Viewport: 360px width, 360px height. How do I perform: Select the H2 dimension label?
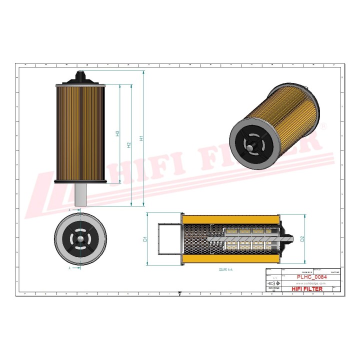(x=129, y=145)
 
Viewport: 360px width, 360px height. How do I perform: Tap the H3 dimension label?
(x=117, y=133)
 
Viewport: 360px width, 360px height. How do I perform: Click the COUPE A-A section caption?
(x=226, y=269)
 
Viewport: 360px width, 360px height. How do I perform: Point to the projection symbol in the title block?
(x=272, y=283)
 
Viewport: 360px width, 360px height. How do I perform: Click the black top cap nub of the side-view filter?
(x=80, y=76)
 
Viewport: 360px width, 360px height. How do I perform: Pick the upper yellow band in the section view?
(x=230, y=219)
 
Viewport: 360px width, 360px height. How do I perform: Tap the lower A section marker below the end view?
(x=69, y=268)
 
